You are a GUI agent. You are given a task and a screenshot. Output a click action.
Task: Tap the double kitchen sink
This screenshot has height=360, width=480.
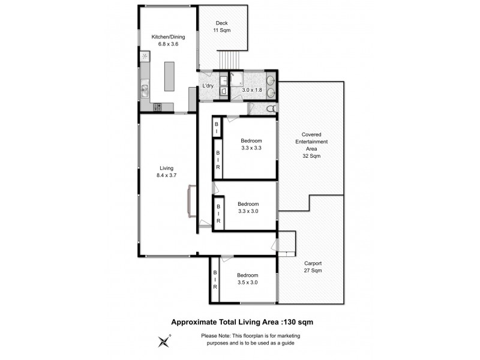[145, 91]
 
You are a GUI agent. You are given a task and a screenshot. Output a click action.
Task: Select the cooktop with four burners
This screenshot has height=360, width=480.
[158, 107]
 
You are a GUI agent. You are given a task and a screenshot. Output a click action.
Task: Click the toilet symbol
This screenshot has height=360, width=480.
[271, 109]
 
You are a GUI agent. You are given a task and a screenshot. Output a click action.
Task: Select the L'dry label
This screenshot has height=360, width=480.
[208, 86]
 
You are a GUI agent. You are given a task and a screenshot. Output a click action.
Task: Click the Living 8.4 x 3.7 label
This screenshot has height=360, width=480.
[167, 172]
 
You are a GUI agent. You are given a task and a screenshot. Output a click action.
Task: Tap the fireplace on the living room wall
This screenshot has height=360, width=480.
[191, 202]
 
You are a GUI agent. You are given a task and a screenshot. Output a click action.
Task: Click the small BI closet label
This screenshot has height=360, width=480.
[216, 127]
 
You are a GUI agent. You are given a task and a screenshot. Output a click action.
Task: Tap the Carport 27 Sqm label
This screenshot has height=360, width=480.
[313, 267]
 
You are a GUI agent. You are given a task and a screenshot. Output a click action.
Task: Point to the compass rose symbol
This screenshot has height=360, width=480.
[163, 341]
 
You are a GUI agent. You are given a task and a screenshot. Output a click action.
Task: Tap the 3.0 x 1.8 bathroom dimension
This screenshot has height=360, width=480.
[251, 90]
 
